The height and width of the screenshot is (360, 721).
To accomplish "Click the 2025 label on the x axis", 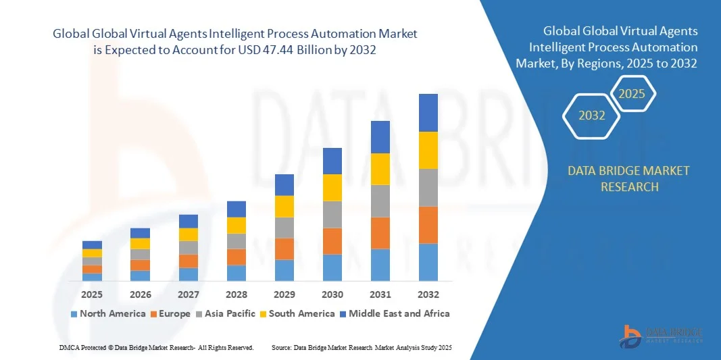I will pos(92,294).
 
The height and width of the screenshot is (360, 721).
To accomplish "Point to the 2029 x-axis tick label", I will pos(284,294).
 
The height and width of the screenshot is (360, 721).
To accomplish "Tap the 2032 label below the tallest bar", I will pos(428,294).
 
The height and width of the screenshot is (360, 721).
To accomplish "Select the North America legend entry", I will pos(107,313).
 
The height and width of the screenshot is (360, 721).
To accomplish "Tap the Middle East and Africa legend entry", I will pos(394,313).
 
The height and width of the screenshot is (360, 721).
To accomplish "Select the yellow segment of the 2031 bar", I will pos(380,169).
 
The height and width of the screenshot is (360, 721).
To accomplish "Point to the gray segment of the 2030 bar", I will pos(332,214).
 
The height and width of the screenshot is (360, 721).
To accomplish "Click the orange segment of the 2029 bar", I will pos(284,249).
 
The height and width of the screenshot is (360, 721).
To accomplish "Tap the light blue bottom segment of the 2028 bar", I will pos(237,273).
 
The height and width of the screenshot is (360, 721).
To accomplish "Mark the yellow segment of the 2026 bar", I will pos(141,244).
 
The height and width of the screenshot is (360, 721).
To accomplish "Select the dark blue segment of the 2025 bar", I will pos(92,245).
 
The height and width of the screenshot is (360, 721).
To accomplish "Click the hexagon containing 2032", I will pos(591,115).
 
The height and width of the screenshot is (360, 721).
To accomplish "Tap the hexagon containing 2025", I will pos(632,94).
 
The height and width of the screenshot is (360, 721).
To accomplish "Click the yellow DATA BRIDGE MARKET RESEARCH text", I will pos(629,178).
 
